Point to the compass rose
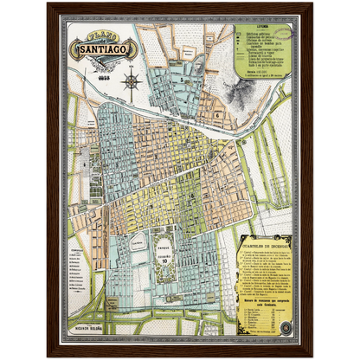tap(132, 81)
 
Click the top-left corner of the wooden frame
tap(49, 4)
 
